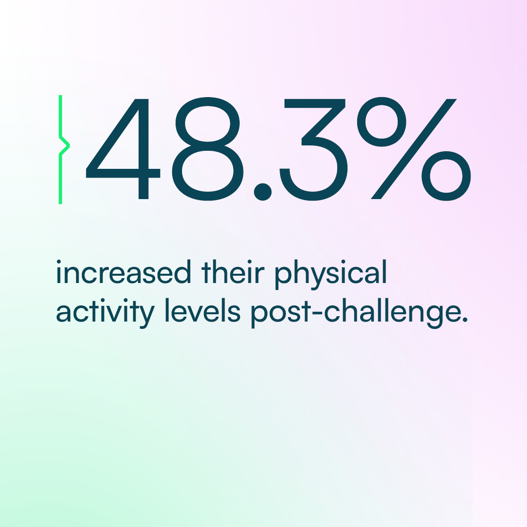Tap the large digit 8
(x=207, y=148)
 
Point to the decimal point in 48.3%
(x=263, y=191)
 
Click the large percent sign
(x=414, y=149)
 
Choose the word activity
(x=105, y=313)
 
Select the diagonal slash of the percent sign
(x=414, y=149)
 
